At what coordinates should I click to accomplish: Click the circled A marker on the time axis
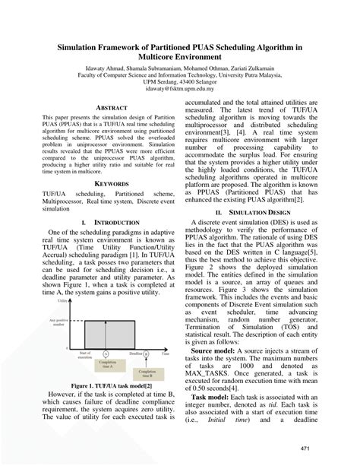pos(106,353)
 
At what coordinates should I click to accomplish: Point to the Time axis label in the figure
pos(165,353)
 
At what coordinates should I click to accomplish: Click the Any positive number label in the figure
pos(57,322)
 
